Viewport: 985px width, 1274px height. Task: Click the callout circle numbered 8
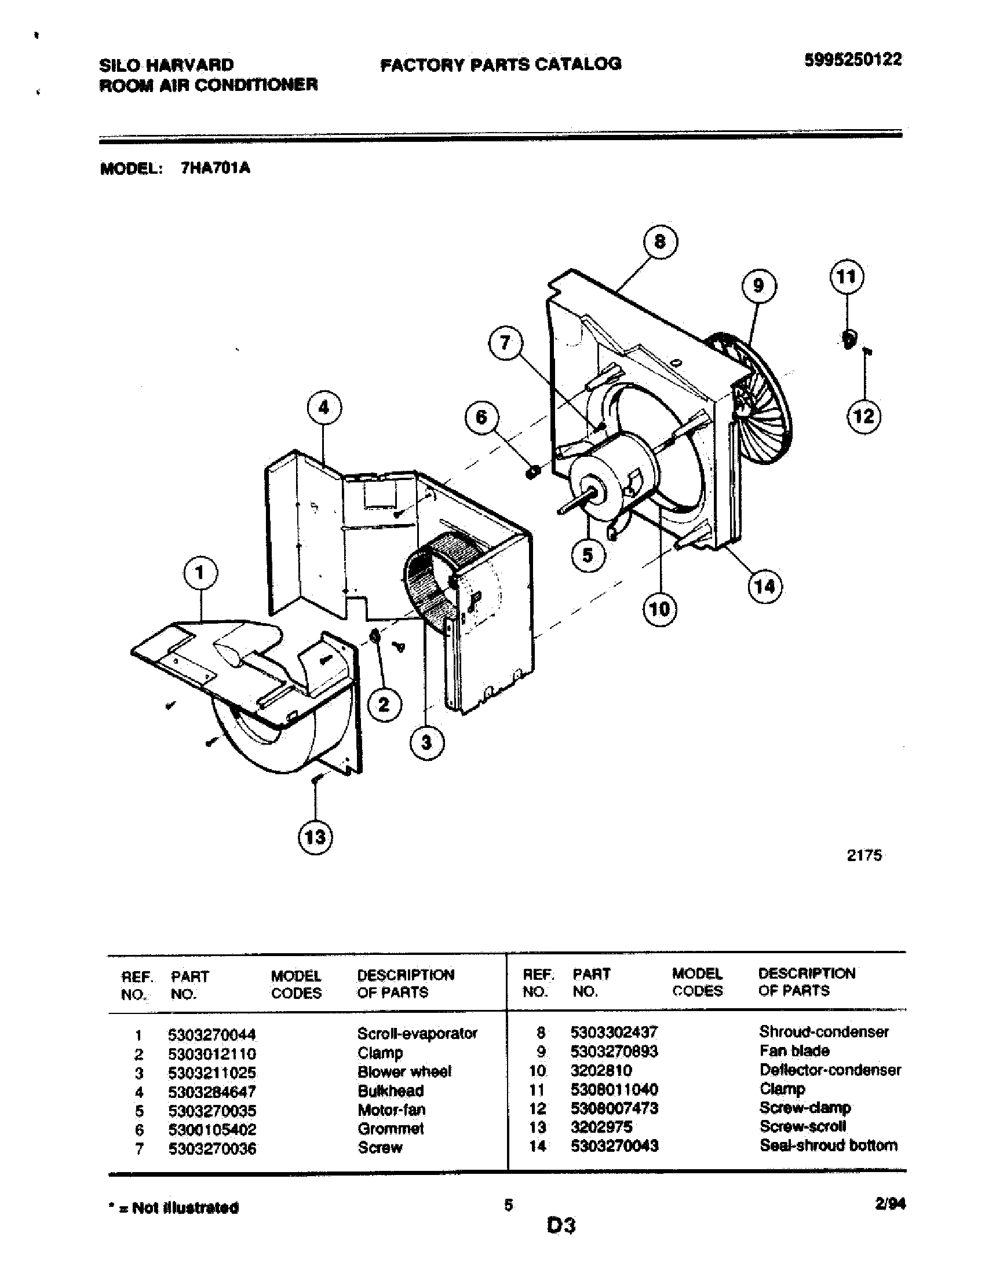click(660, 241)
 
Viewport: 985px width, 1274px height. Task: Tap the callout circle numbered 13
click(315, 838)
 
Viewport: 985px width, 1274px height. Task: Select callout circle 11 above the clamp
click(846, 276)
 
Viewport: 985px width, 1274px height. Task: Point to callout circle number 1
click(200, 573)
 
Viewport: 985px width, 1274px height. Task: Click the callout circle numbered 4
click(324, 408)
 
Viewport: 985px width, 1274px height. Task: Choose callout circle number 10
click(659, 610)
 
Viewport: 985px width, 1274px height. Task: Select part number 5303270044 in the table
click(211, 1035)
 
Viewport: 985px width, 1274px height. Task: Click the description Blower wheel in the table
click(404, 1071)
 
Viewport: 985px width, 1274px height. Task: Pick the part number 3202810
click(601, 1070)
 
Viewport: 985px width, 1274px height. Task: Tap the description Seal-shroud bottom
click(828, 1145)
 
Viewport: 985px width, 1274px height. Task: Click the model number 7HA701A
click(216, 169)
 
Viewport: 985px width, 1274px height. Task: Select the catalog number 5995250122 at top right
click(852, 60)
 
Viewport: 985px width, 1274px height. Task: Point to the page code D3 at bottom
click(561, 1226)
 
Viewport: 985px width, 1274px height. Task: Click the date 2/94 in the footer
click(891, 1204)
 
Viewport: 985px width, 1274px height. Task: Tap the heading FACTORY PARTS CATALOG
click(501, 64)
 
